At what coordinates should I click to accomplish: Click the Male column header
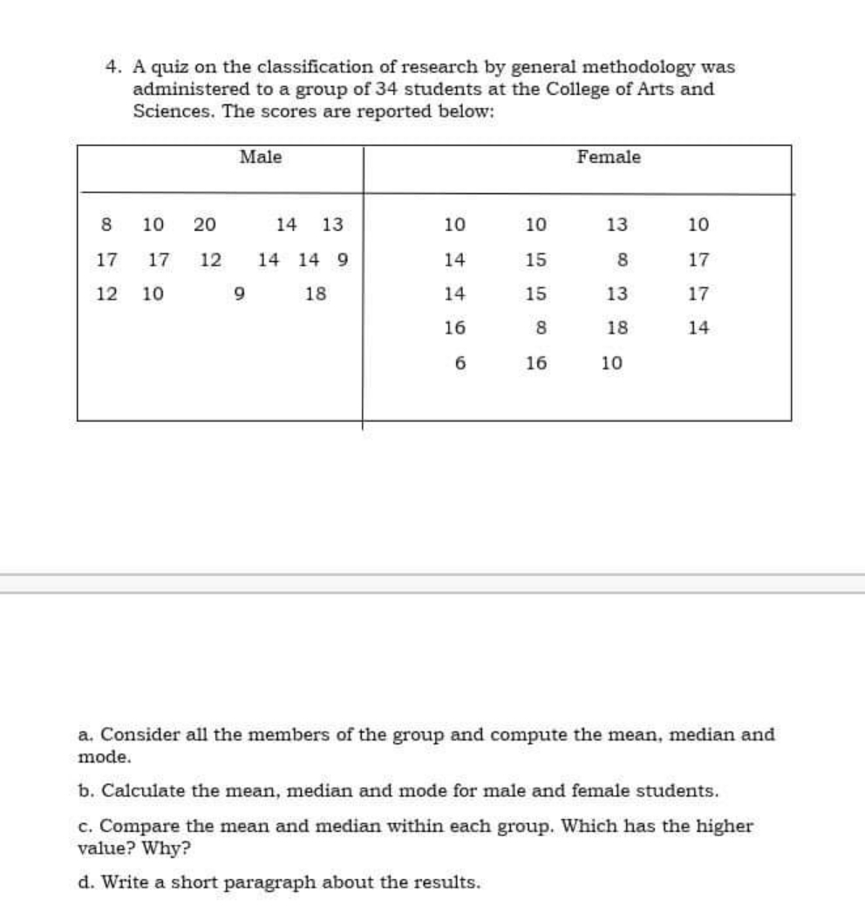coord(261,157)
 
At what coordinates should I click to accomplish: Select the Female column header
coord(609,157)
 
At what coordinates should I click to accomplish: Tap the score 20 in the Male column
coord(205,224)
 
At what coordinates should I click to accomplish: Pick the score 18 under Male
coord(316,294)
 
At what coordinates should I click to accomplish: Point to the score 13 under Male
coord(332,224)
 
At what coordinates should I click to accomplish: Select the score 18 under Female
coord(616,328)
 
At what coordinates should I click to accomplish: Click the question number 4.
coord(111,67)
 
